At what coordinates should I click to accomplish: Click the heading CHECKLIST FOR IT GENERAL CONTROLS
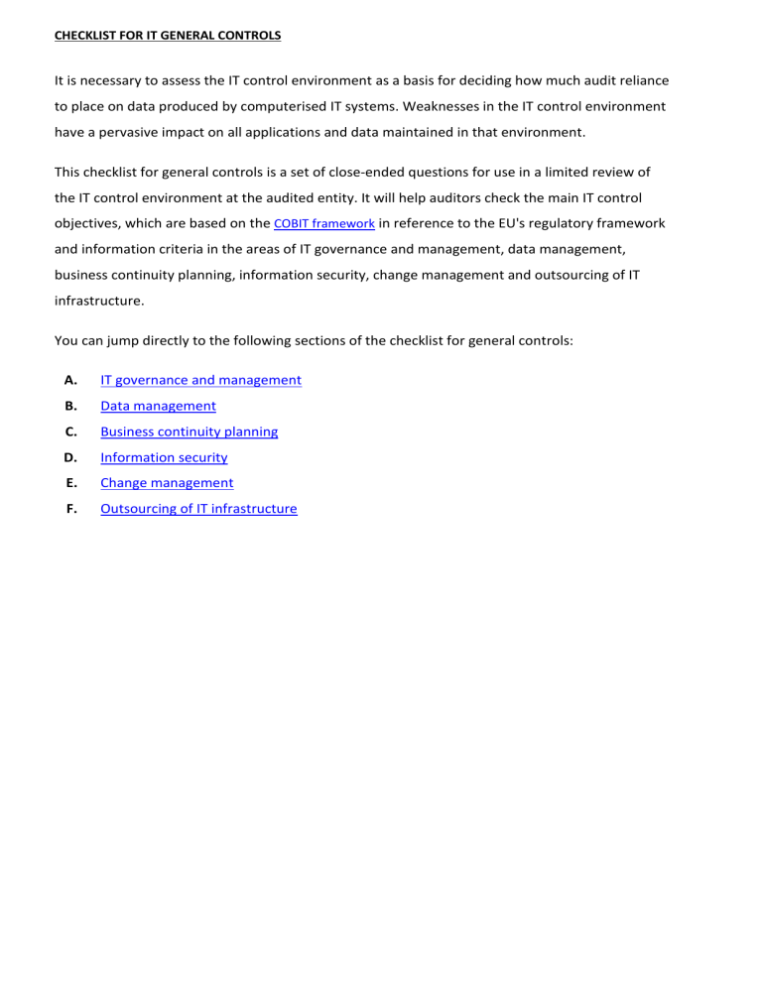click(168, 36)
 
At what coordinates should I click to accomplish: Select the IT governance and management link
click(200, 380)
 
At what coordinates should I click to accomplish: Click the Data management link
click(158, 406)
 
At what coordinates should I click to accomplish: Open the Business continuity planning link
click(189, 431)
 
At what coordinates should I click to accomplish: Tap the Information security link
click(164, 457)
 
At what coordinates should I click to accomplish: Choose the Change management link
click(167, 483)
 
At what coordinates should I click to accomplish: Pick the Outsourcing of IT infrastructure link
click(198, 509)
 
